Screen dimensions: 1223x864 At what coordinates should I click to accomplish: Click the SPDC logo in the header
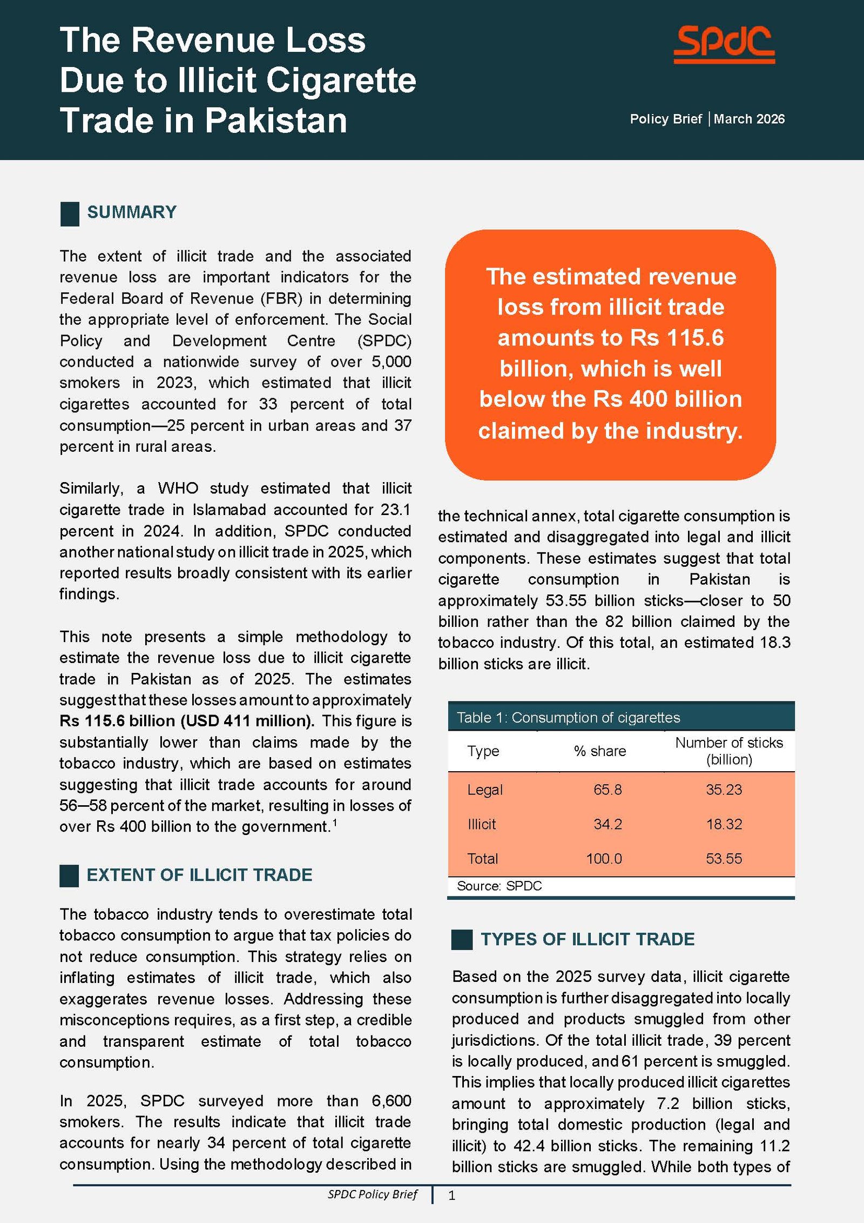click(x=724, y=44)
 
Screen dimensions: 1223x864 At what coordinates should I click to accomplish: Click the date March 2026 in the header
click(x=749, y=119)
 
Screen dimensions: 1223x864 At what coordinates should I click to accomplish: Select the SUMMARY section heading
click(x=132, y=212)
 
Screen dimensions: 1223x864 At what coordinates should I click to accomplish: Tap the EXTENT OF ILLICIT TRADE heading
click(x=199, y=875)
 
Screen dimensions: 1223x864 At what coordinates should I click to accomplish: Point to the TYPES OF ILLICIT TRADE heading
click(x=588, y=939)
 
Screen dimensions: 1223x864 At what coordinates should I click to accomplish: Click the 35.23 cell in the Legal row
click(x=724, y=790)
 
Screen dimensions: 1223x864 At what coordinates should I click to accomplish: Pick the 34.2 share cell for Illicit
click(x=607, y=824)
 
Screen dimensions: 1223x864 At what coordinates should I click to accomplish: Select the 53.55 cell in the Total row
click(x=724, y=859)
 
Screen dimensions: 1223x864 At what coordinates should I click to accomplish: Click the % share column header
click(x=600, y=751)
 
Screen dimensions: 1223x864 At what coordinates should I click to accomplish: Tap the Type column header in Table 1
click(x=483, y=751)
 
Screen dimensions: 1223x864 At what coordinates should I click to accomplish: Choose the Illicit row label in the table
click(x=482, y=824)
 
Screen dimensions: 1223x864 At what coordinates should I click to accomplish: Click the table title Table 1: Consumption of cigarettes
click(x=568, y=718)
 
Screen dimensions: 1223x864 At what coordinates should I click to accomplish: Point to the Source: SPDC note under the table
click(x=499, y=886)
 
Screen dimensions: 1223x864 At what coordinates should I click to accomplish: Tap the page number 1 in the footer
click(x=452, y=1195)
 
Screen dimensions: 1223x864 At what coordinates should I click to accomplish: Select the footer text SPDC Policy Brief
click(x=373, y=1194)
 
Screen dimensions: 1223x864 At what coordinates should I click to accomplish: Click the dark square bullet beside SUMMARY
click(x=70, y=213)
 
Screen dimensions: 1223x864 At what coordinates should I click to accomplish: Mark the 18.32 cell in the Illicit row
click(x=724, y=824)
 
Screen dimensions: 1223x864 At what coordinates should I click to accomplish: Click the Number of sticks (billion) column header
click(x=729, y=751)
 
